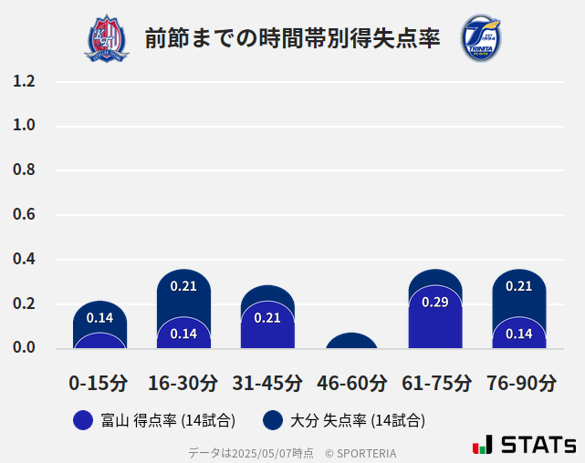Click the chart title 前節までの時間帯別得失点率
pyautogui.click(x=292, y=38)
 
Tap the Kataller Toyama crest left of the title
pyautogui.click(x=107, y=38)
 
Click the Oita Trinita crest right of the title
pyautogui.click(x=480, y=38)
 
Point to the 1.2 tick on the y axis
pyautogui.click(x=24, y=82)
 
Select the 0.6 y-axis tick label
pyautogui.click(x=24, y=215)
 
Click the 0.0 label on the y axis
pyautogui.click(x=24, y=348)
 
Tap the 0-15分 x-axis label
pyautogui.click(x=99, y=383)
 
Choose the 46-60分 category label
pyautogui.click(x=351, y=383)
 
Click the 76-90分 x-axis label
pyautogui.click(x=520, y=383)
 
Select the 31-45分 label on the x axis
pyautogui.click(x=267, y=383)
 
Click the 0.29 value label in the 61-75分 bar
pyautogui.click(x=435, y=303)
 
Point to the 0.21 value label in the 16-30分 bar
pyautogui.click(x=183, y=286)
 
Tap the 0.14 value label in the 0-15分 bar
pyautogui.click(x=99, y=318)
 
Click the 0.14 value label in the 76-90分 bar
pyautogui.click(x=518, y=334)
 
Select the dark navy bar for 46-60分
pyautogui.click(x=351, y=341)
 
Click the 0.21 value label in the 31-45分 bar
pyautogui.click(x=267, y=318)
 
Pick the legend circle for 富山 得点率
pyautogui.click(x=83, y=420)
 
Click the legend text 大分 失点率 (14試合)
pyautogui.click(x=358, y=420)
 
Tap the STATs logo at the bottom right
pyautogui.click(x=525, y=445)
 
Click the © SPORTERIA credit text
pyautogui.click(x=360, y=452)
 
